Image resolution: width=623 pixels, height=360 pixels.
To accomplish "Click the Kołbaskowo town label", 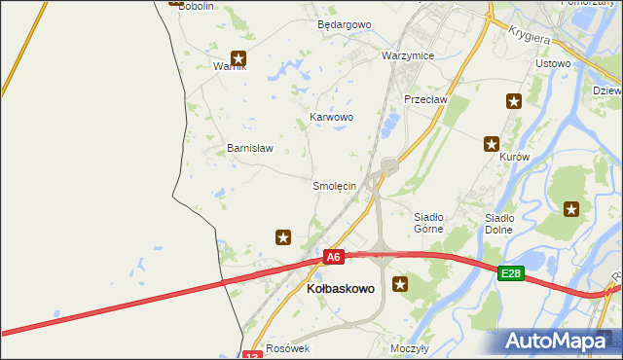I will pyautogui.click(x=340, y=289).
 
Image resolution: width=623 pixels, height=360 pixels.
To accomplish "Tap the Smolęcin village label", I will pyautogui.click(x=334, y=185).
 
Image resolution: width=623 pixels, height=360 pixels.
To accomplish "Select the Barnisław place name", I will pyautogui.click(x=250, y=149).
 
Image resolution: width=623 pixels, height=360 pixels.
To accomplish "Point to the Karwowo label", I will pyautogui.click(x=331, y=117).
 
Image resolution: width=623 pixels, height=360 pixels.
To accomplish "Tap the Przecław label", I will pyautogui.click(x=424, y=99).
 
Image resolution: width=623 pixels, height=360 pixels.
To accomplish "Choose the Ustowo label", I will pyautogui.click(x=553, y=63).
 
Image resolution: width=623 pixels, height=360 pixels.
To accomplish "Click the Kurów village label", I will pyautogui.click(x=513, y=157).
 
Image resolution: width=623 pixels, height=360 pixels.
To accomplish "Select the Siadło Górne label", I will pyautogui.click(x=428, y=223).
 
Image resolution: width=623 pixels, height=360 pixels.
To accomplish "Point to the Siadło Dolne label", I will pyautogui.click(x=499, y=223).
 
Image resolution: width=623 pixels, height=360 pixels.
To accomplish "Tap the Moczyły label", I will pyautogui.click(x=410, y=348).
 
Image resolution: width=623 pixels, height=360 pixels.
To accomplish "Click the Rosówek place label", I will pyautogui.click(x=287, y=348).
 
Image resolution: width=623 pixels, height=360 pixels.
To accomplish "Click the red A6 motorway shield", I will pyautogui.click(x=334, y=257).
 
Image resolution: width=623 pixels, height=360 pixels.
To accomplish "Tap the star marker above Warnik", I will pyautogui.click(x=238, y=58).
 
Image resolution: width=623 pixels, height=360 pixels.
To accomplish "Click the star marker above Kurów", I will pyautogui.click(x=493, y=144).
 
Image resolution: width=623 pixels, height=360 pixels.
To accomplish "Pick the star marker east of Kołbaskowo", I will pyautogui.click(x=399, y=284).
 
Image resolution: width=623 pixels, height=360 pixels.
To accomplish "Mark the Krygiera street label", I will pyautogui.click(x=530, y=34).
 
